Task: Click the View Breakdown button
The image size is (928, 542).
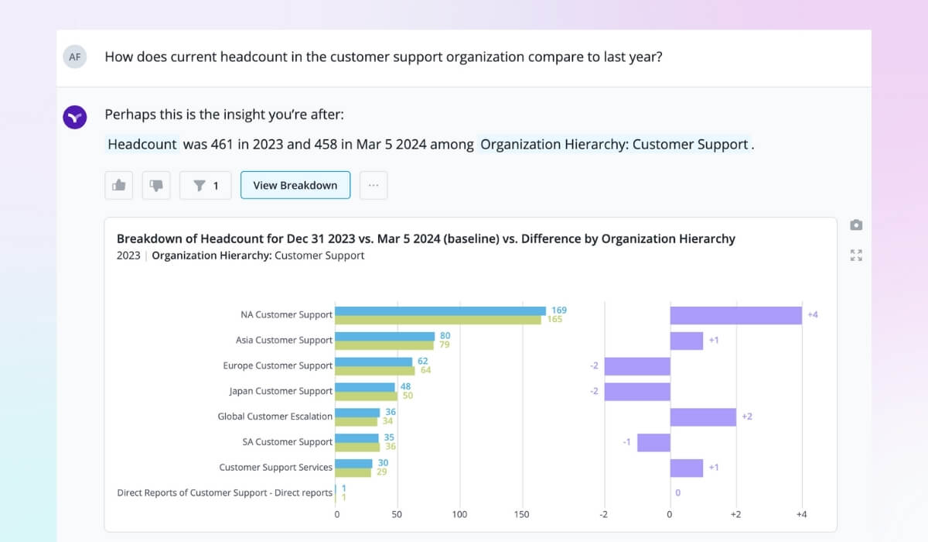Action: click(295, 185)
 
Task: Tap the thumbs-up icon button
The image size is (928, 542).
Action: click(119, 185)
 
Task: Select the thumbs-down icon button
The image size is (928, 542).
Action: click(156, 185)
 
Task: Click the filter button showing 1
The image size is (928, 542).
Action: click(206, 185)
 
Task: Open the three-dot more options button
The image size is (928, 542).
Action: click(374, 185)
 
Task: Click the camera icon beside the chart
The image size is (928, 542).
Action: click(856, 225)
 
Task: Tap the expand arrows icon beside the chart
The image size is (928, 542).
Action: click(856, 255)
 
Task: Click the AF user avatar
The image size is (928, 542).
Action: click(75, 57)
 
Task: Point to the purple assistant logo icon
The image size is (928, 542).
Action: click(75, 118)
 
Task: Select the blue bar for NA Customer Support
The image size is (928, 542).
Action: click(441, 310)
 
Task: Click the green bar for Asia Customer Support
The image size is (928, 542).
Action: click(385, 345)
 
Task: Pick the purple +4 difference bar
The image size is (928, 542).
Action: click(735, 315)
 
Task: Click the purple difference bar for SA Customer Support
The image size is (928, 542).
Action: click(653, 442)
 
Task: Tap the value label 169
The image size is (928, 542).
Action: click(558, 310)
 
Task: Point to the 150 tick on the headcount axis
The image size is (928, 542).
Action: click(521, 514)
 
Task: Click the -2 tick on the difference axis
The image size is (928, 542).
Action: click(603, 514)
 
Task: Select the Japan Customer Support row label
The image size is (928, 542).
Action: click(281, 391)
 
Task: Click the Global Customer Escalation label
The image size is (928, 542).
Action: click(275, 417)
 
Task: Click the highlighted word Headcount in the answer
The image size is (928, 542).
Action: click(142, 144)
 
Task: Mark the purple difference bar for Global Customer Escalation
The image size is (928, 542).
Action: click(703, 417)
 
